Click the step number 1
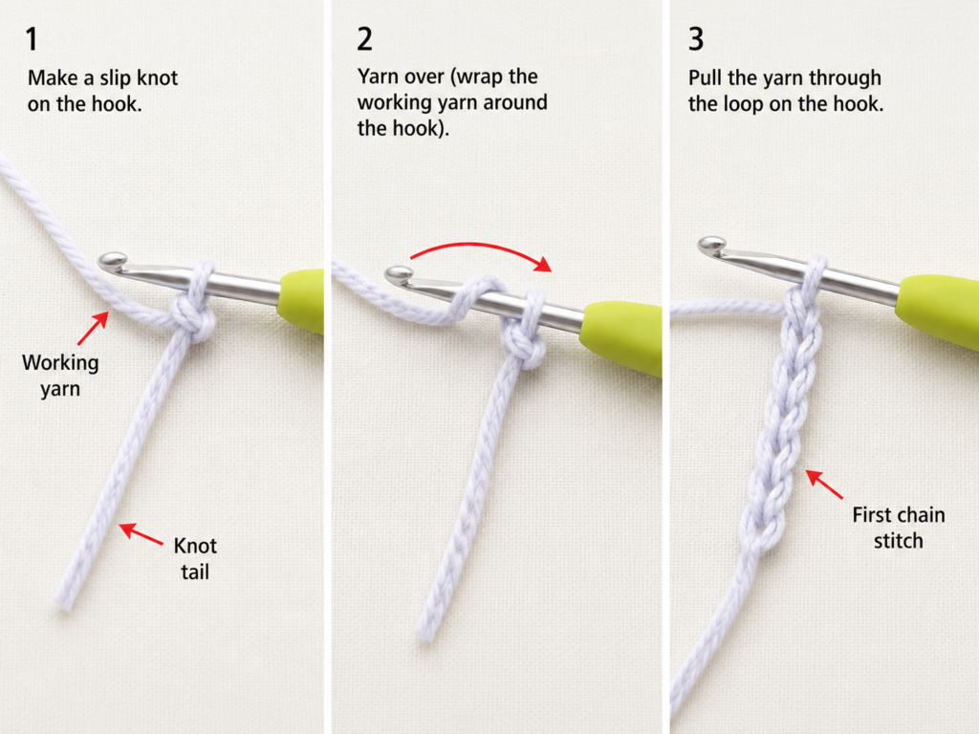pyautogui.click(x=32, y=38)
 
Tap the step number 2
pyautogui.click(x=364, y=38)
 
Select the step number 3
pyautogui.click(x=696, y=38)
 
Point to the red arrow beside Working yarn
pyautogui.click(x=93, y=329)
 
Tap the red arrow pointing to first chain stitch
pyautogui.click(x=823, y=484)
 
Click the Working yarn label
pyautogui.click(x=60, y=376)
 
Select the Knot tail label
pyautogui.click(x=195, y=558)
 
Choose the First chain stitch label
pyautogui.click(x=899, y=528)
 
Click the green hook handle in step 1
pyautogui.click(x=301, y=299)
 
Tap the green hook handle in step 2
pyautogui.click(x=621, y=337)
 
